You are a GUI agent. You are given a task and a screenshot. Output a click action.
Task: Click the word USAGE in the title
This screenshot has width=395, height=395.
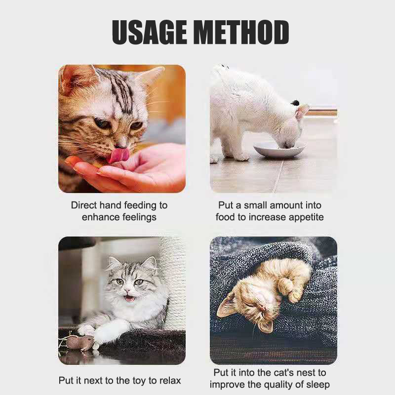pyautogui.click(x=150, y=32)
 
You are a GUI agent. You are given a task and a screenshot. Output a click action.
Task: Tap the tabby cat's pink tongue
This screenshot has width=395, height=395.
pyautogui.click(x=119, y=156)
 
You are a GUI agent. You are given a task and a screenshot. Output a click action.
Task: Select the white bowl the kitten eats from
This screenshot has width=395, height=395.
pyautogui.click(x=279, y=150)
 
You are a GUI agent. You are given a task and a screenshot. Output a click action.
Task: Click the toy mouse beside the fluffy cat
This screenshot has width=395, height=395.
pyautogui.click(x=79, y=342)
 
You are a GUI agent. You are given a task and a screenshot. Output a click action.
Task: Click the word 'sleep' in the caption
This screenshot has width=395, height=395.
pyautogui.click(x=318, y=385)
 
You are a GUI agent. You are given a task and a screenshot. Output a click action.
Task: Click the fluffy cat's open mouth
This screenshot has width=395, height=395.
pyautogui.click(x=129, y=299)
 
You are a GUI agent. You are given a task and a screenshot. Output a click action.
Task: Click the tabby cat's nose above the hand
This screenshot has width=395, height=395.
pyautogui.click(x=120, y=145)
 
